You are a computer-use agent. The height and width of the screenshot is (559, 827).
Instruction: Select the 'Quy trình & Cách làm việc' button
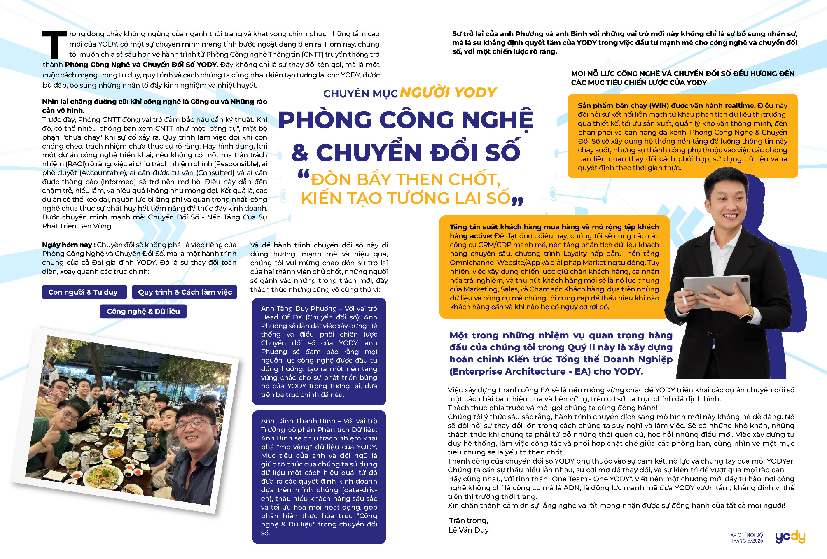(185, 292)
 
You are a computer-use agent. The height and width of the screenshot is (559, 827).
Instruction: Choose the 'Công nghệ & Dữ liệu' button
(143, 311)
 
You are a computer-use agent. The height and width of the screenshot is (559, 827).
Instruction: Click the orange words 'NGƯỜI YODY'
(448, 93)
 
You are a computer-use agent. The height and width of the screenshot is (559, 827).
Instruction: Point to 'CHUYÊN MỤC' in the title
(360, 94)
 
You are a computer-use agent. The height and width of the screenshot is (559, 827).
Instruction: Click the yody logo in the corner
(790, 537)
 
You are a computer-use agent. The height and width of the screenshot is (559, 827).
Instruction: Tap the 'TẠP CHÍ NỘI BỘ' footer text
(746, 535)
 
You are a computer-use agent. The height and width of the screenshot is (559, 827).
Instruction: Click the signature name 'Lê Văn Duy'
(469, 530)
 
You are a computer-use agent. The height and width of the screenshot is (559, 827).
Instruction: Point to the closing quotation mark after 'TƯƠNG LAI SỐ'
(518, 201)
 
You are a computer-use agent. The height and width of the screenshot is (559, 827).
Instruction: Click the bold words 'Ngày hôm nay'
(67, 245)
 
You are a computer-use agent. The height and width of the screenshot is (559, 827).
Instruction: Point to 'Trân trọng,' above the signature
(468, 521)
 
